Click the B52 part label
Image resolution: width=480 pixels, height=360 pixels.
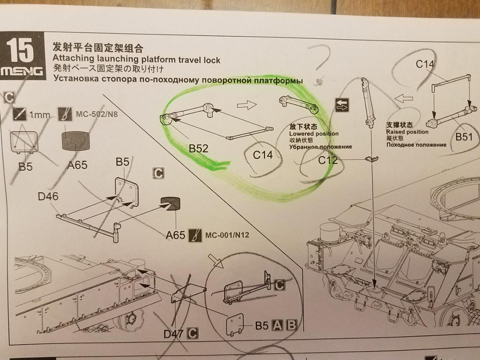198,149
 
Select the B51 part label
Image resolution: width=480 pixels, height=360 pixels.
464,137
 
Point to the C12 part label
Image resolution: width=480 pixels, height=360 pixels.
328,160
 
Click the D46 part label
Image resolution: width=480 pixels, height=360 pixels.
48,196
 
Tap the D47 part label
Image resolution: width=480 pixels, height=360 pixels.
173,334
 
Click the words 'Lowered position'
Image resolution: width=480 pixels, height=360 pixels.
314,133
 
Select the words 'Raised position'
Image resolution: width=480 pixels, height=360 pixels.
407,132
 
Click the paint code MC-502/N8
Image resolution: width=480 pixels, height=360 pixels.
97,114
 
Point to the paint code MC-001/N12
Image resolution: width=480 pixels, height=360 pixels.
227,235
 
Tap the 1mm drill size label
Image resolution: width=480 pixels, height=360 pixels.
40,115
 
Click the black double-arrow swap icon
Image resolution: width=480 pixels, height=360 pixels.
342,105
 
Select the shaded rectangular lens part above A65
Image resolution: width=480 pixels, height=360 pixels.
76,141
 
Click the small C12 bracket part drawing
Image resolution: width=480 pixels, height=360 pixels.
372,159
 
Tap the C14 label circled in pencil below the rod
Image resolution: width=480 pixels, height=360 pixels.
263,155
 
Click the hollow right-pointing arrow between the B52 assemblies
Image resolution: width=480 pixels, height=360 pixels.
247,105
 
